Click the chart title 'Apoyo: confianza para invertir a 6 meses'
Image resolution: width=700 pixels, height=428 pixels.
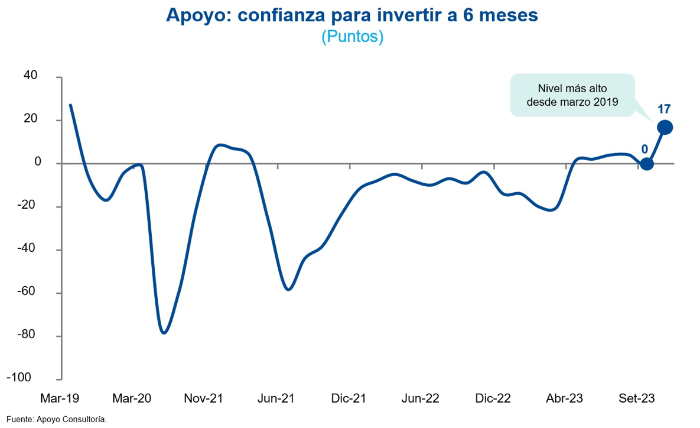point(352,16)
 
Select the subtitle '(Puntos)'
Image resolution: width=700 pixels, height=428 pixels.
point(353,37)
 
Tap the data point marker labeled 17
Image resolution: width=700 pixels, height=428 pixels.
point(665,127)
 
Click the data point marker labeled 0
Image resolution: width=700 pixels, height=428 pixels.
point(647,164)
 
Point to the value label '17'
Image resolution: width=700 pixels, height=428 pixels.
point(665,109)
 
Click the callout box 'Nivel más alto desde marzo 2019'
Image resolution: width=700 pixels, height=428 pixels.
point(572,95)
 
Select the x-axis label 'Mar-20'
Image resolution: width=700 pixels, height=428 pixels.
point(132,398)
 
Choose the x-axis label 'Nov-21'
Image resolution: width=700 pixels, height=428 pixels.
point(204,398)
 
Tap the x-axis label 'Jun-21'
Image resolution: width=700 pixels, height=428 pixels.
point(276,398)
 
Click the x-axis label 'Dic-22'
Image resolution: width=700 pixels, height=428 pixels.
point(493,398)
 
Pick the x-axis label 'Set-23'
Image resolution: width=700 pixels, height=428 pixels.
point(637,398)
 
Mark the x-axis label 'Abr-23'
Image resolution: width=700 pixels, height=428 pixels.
point(565,398)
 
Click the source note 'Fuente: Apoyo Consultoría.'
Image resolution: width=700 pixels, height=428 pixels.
point(57,419)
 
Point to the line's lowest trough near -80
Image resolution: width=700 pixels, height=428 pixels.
point(164,332)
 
